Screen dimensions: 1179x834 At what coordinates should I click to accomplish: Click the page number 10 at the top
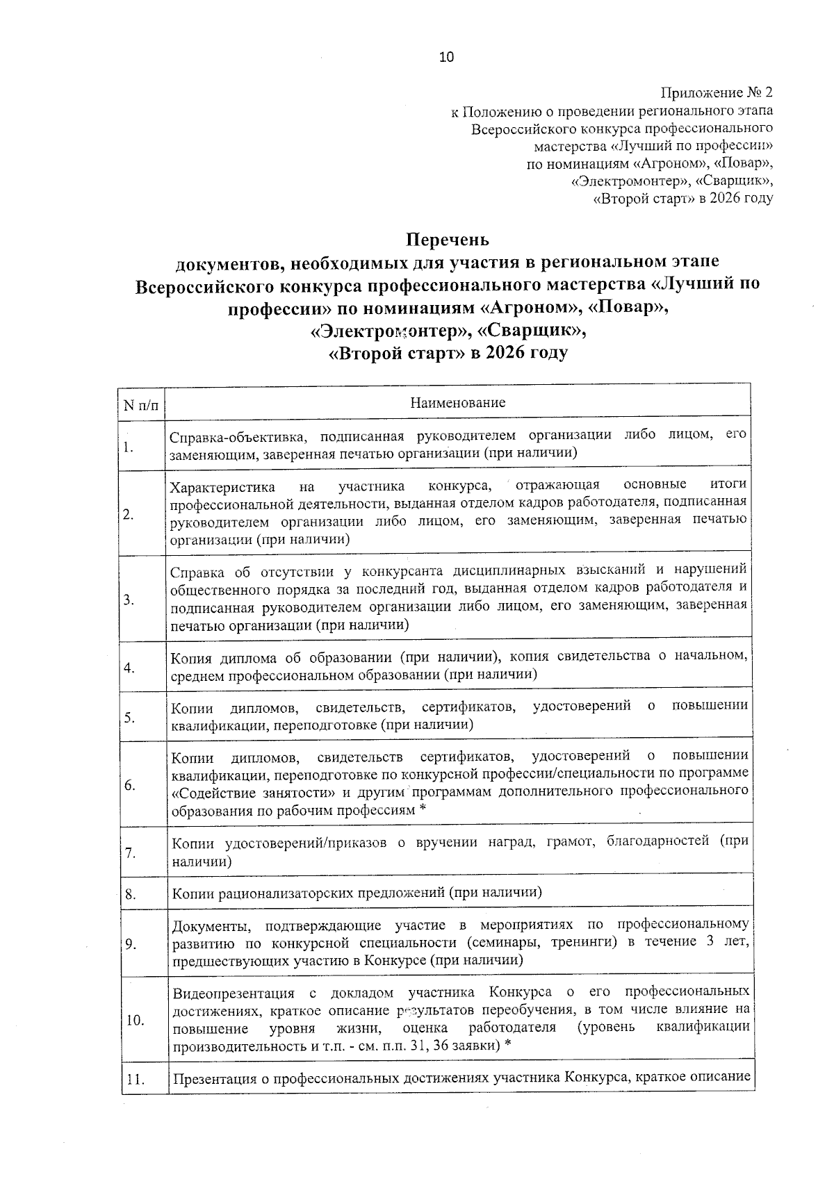coord(446,58)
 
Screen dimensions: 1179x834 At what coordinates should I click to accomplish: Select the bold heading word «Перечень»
coord(448,240)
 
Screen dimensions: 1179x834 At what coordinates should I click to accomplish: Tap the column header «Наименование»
coord(457,403)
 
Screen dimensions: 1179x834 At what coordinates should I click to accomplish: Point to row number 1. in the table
coord(128,447)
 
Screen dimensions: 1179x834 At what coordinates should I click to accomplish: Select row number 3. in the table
coord(129,600)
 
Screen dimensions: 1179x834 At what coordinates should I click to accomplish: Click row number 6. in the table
coord(129,785)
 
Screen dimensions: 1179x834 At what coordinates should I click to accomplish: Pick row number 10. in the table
coord(134,1021)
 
